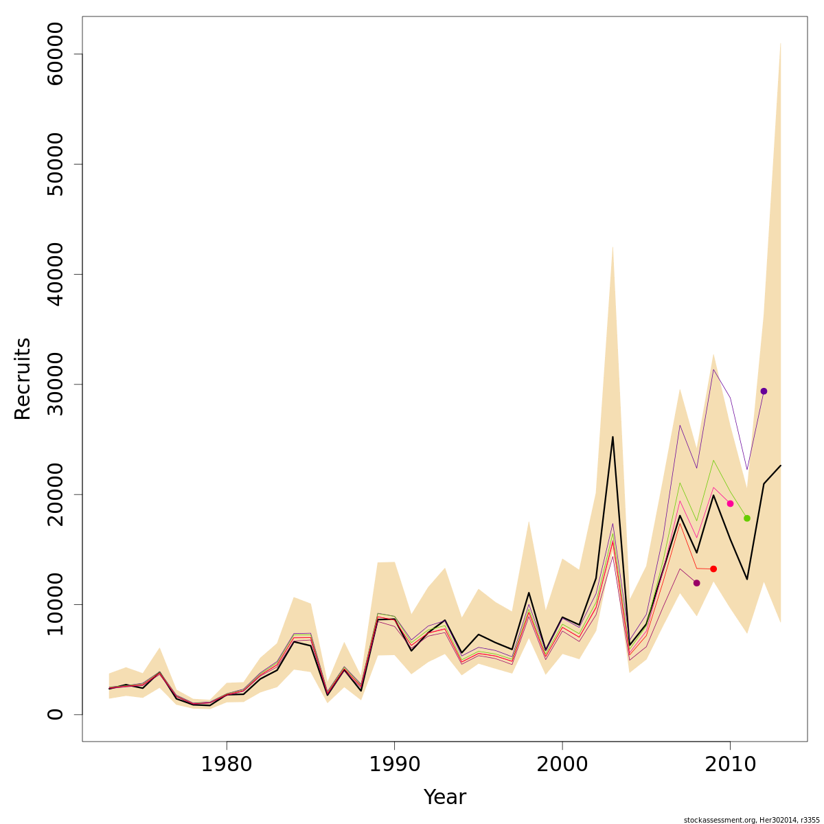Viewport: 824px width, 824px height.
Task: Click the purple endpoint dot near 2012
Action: pyautogui.click(x=764, y=391)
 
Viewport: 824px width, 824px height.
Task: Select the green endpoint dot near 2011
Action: pyautogui.click(x=747, y=518)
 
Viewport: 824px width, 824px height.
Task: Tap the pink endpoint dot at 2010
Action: pyautogui.click(x=730, y=503)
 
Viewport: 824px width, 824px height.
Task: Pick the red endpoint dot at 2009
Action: pyautogui.click(x=713, y=569)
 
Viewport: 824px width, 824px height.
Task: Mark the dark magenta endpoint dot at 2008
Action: pyautogui.click(x=696, y=583)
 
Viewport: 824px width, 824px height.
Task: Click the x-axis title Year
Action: pyautogui.click(x=444, y=797)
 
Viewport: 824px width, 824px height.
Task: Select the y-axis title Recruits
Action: pyautogui.click(x=23, y=378)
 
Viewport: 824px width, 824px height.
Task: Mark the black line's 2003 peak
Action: pyautogui.click(x=613, y=437)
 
